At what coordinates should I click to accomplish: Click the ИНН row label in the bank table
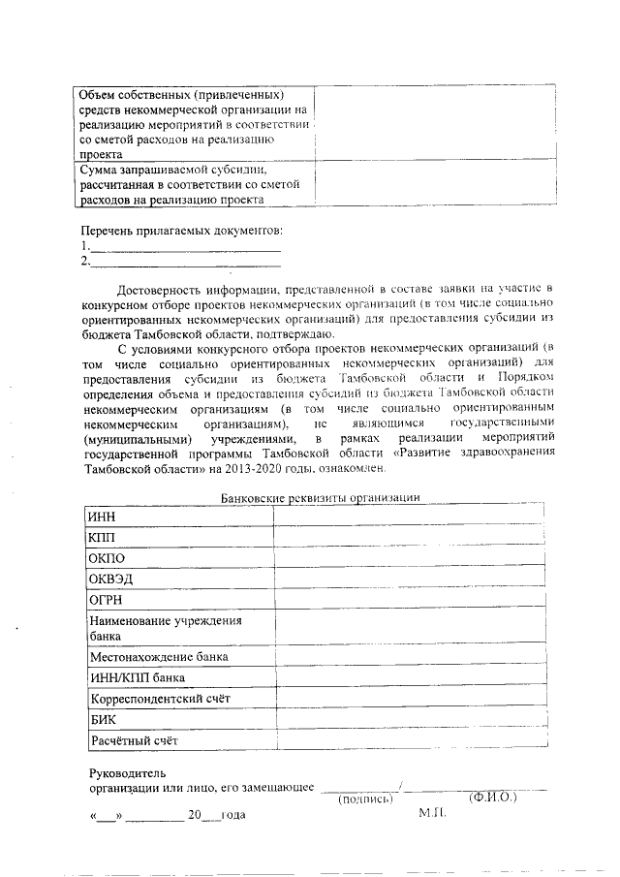click(x=102, y=517)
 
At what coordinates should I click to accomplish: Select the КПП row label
click(x=102, y=537)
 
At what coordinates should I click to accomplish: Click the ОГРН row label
click(x=106, y=600)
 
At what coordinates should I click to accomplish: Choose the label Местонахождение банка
click(x=159, y=656)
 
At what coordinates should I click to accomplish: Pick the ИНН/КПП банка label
click(x=137, y=677)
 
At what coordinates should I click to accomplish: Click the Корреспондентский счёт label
click(x=161, y=699)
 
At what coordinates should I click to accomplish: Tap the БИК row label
click(x=103, y=720)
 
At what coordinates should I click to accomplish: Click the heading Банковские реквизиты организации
click(x=321, y=497)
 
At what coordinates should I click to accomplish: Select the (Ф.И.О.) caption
click(x=492, y=798)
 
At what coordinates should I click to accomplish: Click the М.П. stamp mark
click(x=432, y=812)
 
